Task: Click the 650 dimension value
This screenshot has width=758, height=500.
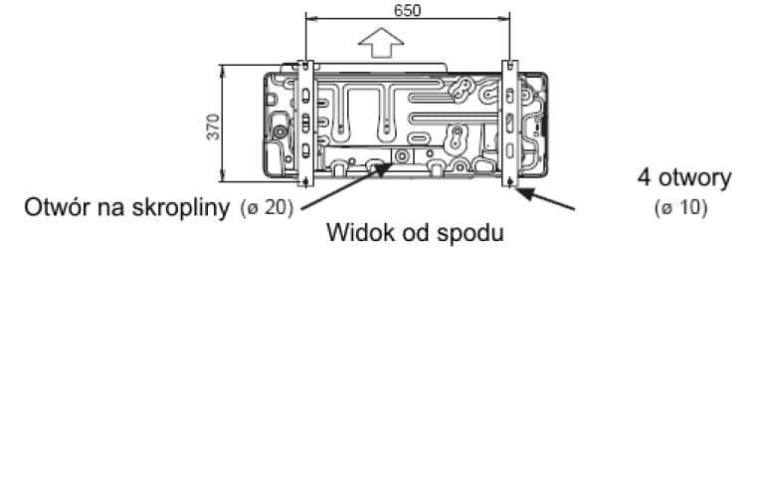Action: (407, 10)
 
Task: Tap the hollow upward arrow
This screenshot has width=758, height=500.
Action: (381, 46)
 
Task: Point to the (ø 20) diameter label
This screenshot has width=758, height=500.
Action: (268, 209)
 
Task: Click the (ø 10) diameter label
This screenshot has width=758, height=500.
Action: (680, 210)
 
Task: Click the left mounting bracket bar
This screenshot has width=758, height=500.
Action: (306, 125)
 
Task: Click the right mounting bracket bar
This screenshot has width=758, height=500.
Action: (509, 125)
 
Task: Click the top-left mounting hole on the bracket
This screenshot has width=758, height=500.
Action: (306, 67)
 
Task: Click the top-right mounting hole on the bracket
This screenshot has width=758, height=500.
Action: (509, 67)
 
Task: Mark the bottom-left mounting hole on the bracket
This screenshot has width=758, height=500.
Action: (306, 181)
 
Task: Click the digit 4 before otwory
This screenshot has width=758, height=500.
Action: (644, 178)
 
